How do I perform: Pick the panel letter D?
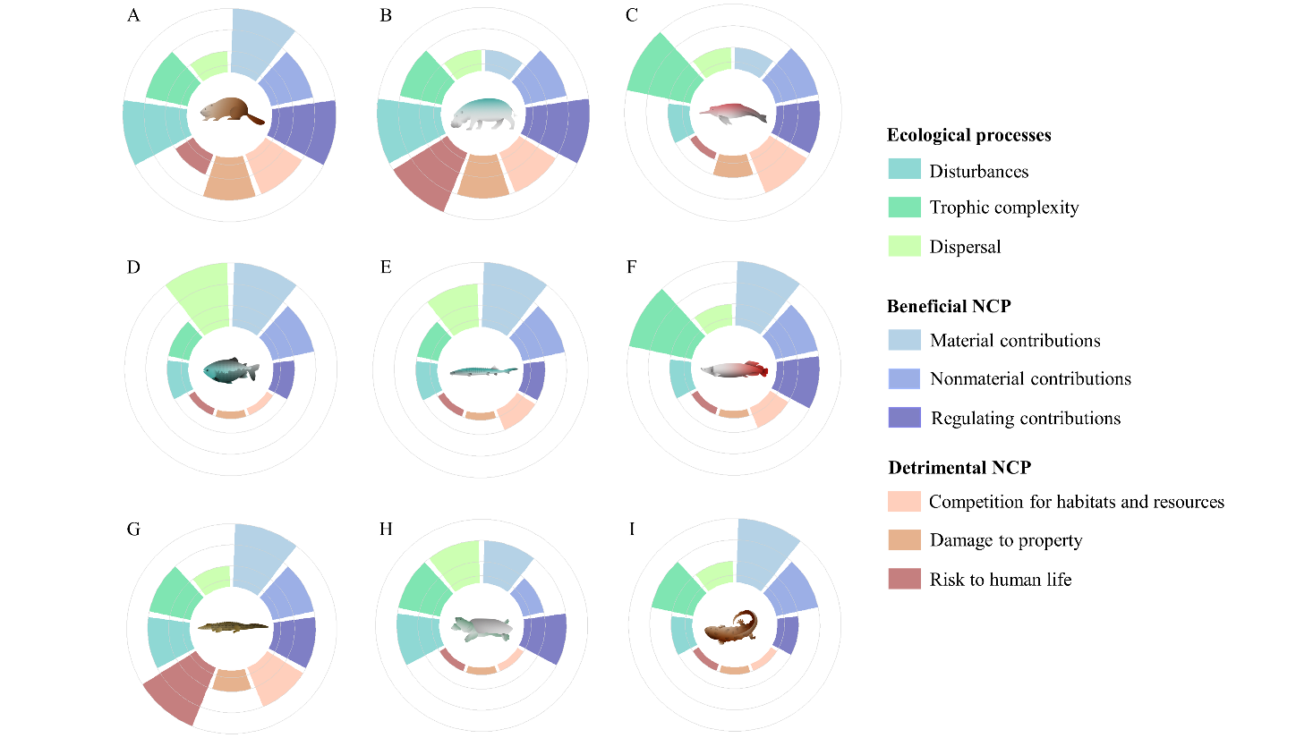133,267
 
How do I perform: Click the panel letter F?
632,267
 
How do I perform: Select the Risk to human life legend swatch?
904,579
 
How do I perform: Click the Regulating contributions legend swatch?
904,418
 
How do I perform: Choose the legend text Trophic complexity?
1003,208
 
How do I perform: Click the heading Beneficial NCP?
949,306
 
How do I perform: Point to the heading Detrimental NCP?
959,468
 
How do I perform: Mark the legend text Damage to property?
1005,540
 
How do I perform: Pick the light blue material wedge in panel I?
765,555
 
